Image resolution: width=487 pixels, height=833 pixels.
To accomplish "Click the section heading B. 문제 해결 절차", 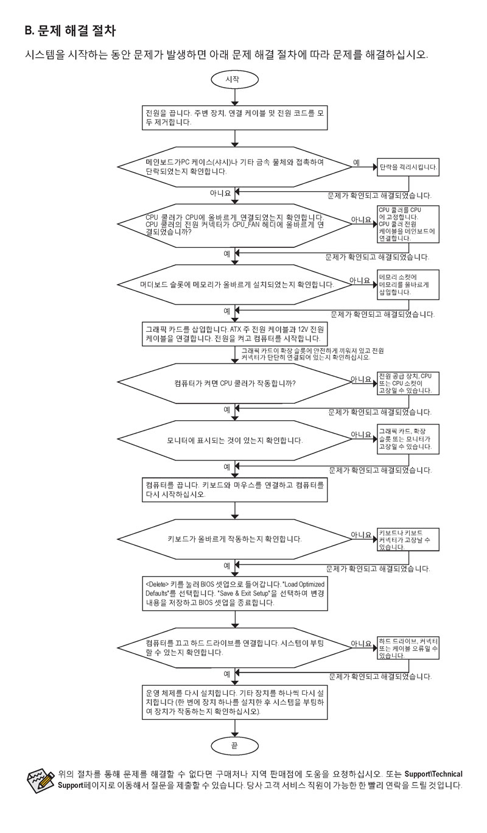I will [x=69, y=29].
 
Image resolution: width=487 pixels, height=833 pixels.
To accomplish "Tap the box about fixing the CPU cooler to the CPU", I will [x=407, y=225].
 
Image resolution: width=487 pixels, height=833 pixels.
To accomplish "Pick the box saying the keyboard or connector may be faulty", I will [x=407, y=540].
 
